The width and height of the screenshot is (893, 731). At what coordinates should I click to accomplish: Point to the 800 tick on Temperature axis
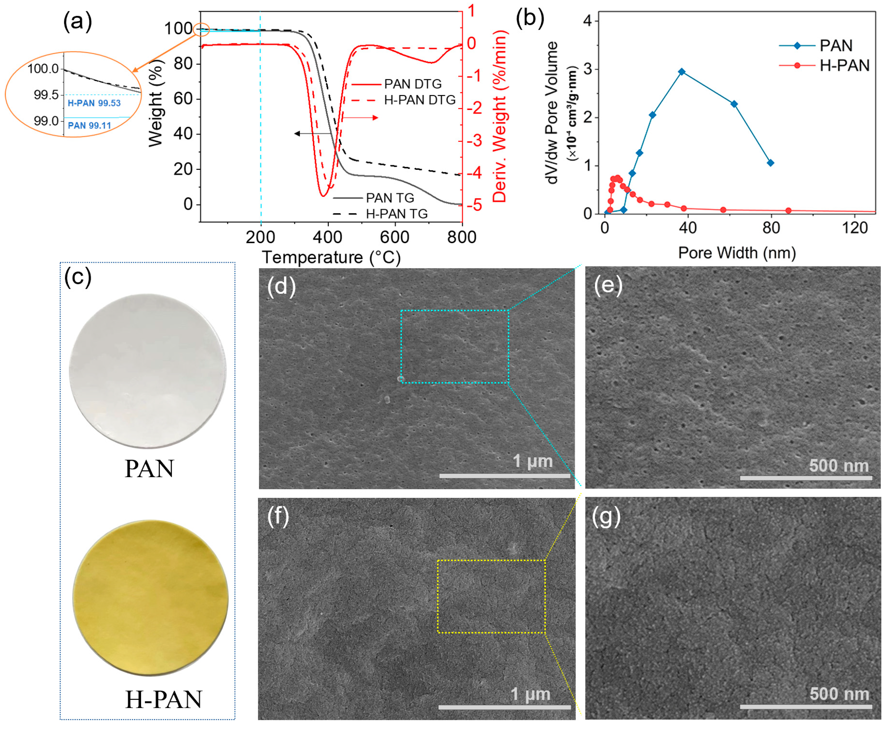point(462,237)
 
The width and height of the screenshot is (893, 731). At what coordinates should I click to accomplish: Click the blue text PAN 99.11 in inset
point(89,126)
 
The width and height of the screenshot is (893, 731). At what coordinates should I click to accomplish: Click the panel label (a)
point(77,21)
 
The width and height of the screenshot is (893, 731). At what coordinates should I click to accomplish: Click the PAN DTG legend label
point(413,84)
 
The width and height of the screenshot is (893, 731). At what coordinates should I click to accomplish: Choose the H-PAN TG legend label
point(396,214)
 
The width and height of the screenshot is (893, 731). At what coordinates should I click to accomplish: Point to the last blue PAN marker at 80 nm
point(771,163)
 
